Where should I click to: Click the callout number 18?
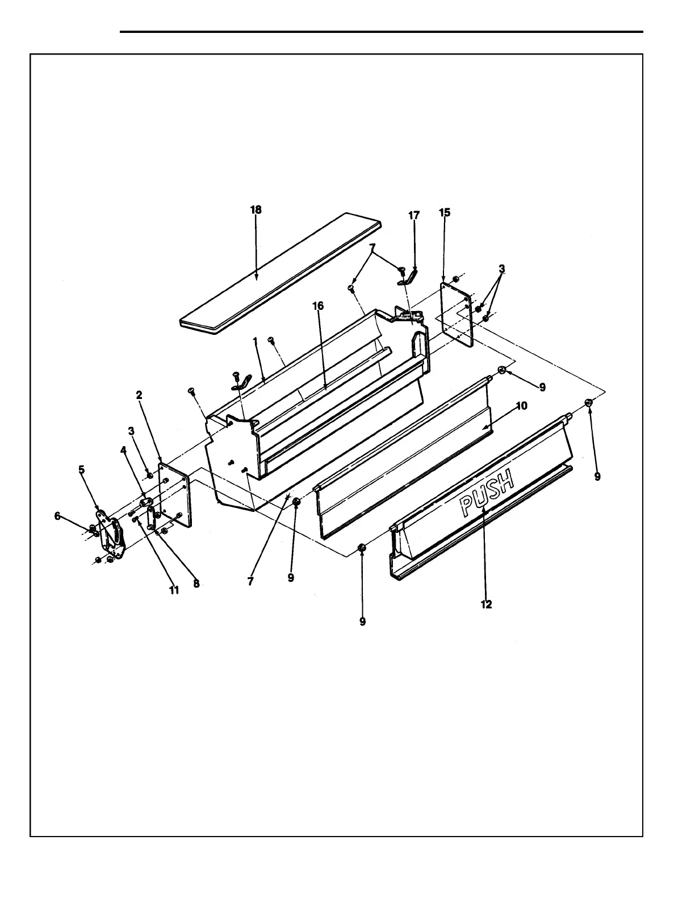(x=256, y=210)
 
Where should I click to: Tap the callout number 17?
(x=414, y=216)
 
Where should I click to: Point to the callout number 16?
(x=318, y=306)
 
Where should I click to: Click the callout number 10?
(x=522, y=406)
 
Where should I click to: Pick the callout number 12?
(x=486, y=604)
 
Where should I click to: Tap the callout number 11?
(x=174, y=590)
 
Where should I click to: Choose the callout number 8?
(x=196, y=583)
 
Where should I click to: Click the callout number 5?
(x=82, y=469)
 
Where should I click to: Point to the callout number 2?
(x=139, y=396)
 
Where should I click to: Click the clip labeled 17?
(x=410, y=277)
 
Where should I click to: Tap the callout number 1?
(x=256, y=341)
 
